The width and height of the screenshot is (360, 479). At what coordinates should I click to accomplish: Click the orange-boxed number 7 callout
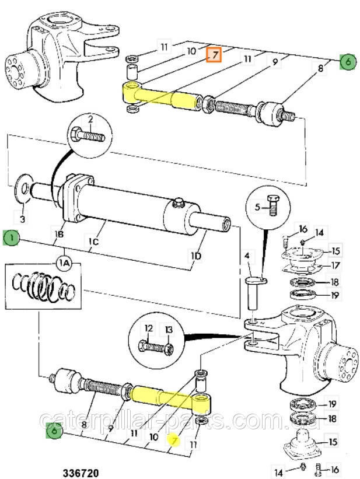click(x=214, y=55)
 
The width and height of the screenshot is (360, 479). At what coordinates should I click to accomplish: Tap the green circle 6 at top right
click(x=348, y=62)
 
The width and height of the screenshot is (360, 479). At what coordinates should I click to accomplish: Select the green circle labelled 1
click(x=11, y=237)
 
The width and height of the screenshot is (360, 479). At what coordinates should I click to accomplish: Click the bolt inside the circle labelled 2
click(x=88, y=135)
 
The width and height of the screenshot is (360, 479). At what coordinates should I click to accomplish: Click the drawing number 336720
click(x=81, y=473)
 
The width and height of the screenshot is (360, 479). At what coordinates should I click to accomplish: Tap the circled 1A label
click(x=65, y=262)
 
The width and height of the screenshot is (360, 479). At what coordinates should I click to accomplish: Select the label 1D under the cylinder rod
click(x=196, y=256)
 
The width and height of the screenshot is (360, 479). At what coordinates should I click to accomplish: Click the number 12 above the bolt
click(x=149, y=328)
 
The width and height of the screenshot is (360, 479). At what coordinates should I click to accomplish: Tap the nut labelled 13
click(x=169, y=349)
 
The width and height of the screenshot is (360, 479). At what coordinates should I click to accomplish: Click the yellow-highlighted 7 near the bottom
click(x=174, y=441)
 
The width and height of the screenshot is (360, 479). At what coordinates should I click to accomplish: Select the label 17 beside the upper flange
click(x=335, y=265)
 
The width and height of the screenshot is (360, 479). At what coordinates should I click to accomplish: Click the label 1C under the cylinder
click(x=94, y=242)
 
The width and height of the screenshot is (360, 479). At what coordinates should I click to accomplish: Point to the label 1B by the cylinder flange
click(x=59, y=235)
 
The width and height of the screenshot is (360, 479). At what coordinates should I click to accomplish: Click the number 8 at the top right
click(x=320, y=68)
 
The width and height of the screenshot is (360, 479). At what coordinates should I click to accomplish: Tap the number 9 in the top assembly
click(x=275, y=62)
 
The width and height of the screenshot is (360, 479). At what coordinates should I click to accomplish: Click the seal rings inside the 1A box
click(x=43, y=285)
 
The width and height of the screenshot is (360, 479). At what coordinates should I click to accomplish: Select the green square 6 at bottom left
click(x=54, y=431)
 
